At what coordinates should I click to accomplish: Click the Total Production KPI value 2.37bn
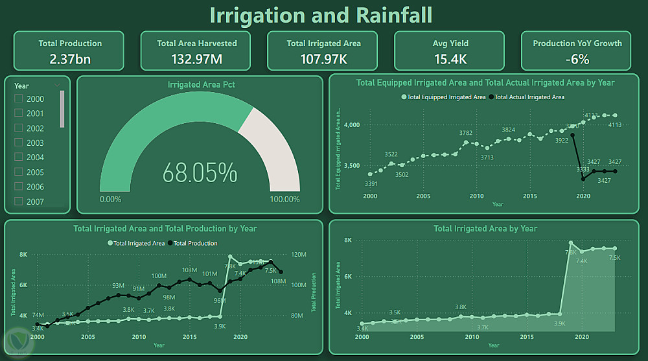click(x=70, y=59)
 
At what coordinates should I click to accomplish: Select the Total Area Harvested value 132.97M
click(x=197, y=59)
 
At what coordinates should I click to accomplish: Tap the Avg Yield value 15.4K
click(x=450, y=59)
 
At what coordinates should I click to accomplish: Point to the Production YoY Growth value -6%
click(x=577, y=59)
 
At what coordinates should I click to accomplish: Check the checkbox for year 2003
click(x=19, y=143)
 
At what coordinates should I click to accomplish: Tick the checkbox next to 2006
click(x=19, y=187)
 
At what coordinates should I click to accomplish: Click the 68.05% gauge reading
click(x=200, y=173)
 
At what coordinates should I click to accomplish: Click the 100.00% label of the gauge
click(x=284, y=199)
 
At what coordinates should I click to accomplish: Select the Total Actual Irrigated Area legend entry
click(x=529, y=97)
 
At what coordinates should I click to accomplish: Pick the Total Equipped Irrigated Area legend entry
click(x=446, y=97)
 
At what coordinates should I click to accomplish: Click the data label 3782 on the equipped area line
click(x=465, y=134)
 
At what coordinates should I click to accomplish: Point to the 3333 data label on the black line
click(x=583, y=170)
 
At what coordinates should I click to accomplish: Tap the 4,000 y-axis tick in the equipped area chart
click(x=351, y=124)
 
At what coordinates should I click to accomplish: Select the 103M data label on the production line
click(x=189, y=270)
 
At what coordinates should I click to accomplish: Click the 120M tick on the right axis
click(x=298, y=255)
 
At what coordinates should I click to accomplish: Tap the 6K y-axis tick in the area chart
click(x=347, y=276)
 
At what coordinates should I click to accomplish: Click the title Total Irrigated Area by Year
click(x=485, y=229)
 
